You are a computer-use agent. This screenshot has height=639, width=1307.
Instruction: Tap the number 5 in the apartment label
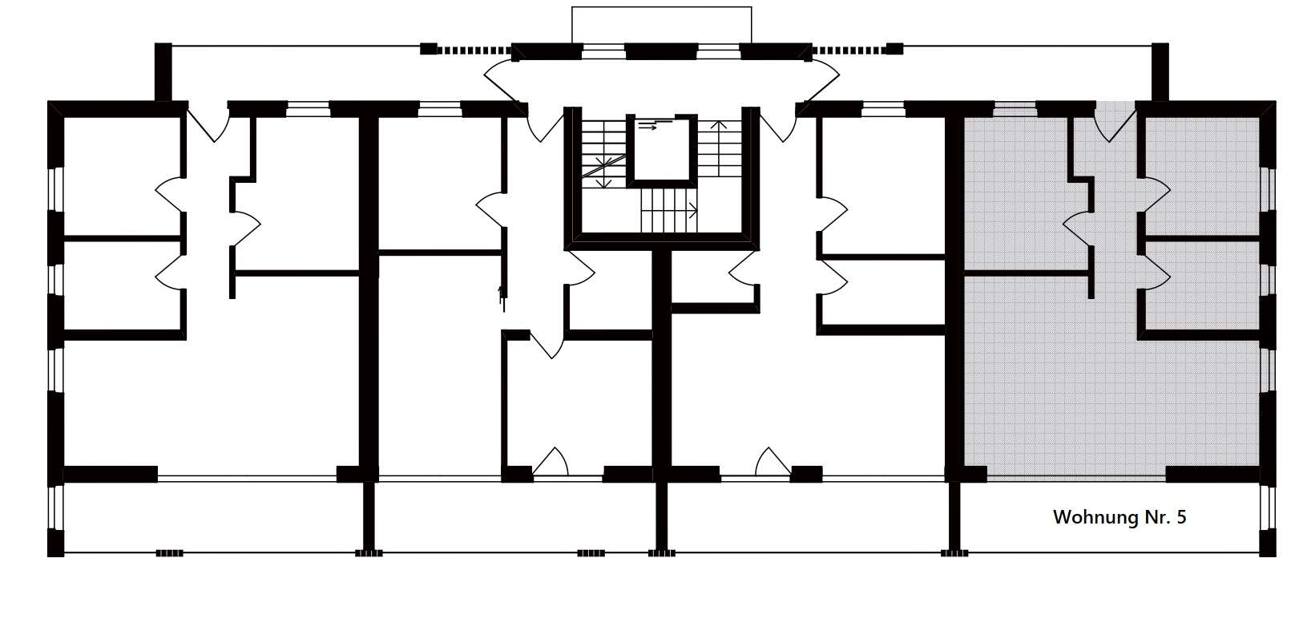click(x=1181, y=517)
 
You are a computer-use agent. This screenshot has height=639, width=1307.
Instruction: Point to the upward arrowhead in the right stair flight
click(x=718, y=124)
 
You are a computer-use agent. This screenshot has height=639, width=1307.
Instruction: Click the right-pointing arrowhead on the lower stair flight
click(x=693, y=210)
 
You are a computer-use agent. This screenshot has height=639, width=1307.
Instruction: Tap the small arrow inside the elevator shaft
click(x=647, y=127)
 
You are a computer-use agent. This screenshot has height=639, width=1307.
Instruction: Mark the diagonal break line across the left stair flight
click(x=603, y=166)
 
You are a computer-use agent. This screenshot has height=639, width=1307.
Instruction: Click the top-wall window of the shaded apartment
click(x=1015, y=109)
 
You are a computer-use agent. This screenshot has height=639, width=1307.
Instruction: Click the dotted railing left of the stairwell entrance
click(x=474, y=51)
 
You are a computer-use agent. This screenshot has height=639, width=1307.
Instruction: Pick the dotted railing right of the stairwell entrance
click(x=849, y=51)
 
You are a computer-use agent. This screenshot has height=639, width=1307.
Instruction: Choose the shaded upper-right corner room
click(x=1203, y=176)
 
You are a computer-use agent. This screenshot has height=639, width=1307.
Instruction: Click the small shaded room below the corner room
click(x=1203, y=285)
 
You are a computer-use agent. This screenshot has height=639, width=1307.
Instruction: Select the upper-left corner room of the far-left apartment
click(x=122, y=176)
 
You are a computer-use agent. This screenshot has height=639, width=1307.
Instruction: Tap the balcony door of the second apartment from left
click(x=551, y=462)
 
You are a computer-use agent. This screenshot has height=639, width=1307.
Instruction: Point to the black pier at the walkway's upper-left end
click(x=163, y=72)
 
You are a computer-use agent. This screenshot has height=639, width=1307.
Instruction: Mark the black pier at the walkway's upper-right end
click(x=1160, y=72)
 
